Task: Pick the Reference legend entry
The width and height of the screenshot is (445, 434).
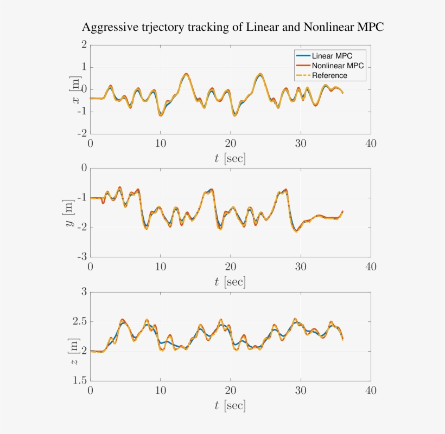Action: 329,75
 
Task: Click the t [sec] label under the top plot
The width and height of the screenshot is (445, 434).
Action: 230,159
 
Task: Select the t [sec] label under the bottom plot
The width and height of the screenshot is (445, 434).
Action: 230,405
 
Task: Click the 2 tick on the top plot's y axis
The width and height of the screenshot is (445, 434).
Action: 84,45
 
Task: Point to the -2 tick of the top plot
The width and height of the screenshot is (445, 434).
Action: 82,134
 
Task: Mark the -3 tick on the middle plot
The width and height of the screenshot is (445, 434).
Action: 82,257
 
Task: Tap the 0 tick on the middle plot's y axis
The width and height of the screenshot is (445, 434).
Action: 84,169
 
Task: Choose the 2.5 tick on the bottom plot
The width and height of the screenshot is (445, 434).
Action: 80,322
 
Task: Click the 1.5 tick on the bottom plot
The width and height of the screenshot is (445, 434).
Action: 80,381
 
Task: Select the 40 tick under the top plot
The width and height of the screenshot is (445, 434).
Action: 370,144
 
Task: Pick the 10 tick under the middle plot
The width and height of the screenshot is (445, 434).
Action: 160,267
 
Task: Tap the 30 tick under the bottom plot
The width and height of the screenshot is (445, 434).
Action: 300,391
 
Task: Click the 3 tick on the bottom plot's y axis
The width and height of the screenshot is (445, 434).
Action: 84,292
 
